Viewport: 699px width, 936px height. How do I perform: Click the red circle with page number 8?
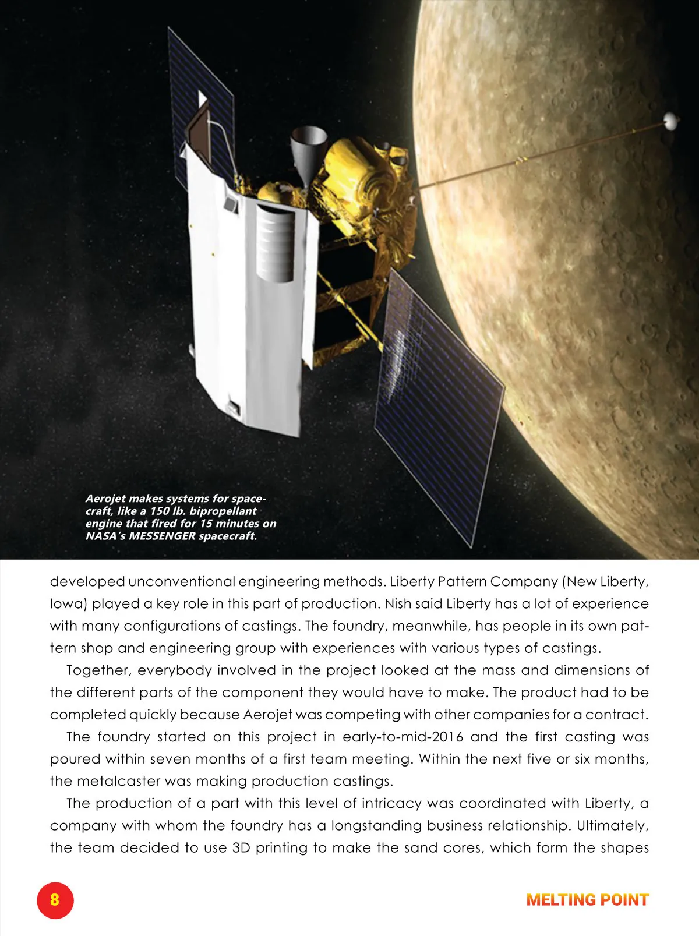click(55, 899)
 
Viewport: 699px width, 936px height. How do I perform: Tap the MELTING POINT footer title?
click(587, 900)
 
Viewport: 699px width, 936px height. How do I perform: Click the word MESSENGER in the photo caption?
click(162, 536)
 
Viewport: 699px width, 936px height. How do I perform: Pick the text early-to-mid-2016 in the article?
click(403, 737)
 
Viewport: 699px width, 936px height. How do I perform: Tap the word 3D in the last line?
click(241, 847)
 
